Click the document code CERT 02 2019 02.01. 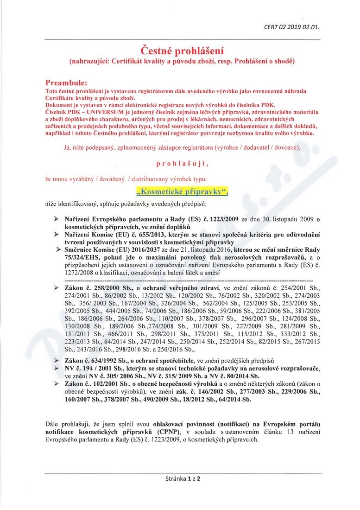(291, 26)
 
